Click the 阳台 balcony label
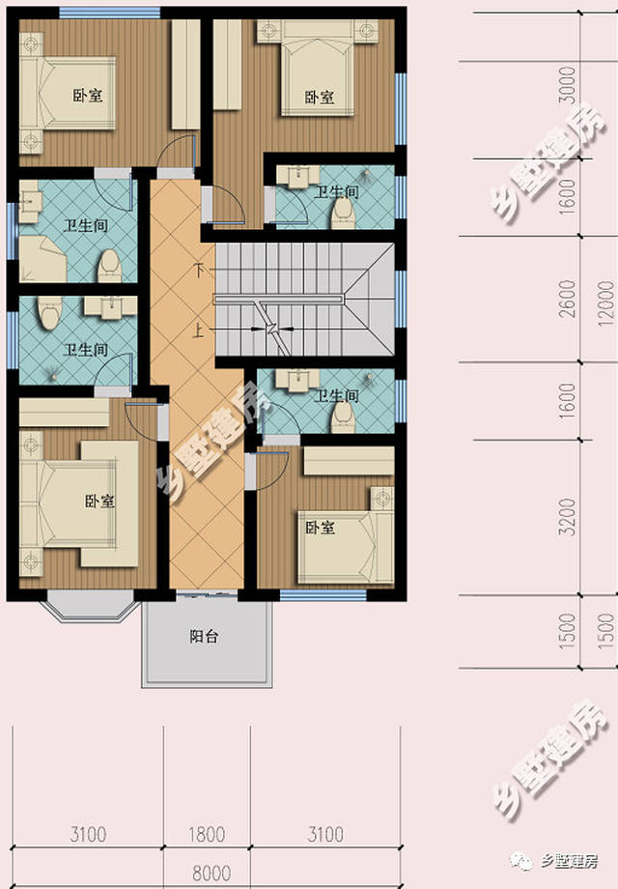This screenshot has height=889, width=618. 204,637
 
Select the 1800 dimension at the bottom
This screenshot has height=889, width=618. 207,835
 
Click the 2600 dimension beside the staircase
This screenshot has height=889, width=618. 567,299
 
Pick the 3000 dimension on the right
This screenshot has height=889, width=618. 567,85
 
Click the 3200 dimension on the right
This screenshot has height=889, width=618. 567,517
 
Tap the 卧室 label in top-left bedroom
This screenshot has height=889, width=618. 88,95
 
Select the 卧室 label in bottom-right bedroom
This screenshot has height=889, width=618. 320,528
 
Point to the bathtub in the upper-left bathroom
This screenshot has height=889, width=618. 42,259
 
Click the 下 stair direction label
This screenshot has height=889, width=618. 198,270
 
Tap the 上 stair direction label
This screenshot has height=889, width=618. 198,330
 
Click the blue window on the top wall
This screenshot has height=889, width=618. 109,12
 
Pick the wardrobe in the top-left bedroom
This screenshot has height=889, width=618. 185,74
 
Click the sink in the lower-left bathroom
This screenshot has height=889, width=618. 110,306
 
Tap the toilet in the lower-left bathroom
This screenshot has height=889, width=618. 49,313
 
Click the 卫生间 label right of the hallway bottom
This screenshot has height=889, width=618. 337,395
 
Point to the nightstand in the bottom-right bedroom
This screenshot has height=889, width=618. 382,499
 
